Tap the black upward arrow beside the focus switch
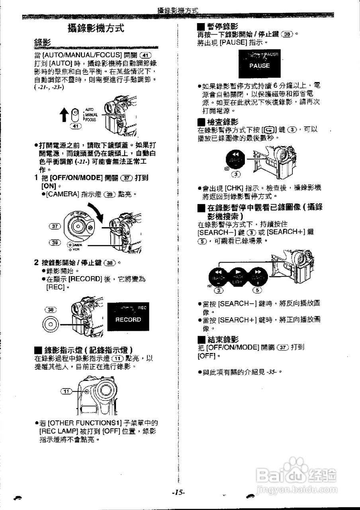(63, 114)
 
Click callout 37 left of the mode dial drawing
(54, 226)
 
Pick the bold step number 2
(36, 262)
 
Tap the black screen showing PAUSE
(259, 64)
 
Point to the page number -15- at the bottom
(178, 492)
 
